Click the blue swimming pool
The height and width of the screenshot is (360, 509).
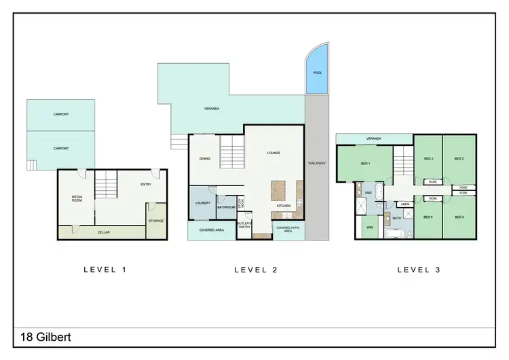tap(316, 75)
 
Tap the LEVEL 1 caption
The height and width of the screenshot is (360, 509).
tap(105, 270)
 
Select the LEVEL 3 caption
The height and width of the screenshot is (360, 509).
tap(418, 270)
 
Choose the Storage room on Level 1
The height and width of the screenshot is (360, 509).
tap(156, 221)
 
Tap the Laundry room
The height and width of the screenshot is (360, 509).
tap(202, 203)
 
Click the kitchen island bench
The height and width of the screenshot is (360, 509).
tap(279, 190)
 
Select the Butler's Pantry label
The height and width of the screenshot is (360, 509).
tap(244, 226)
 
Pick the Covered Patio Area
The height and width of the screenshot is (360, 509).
tap(288, 230)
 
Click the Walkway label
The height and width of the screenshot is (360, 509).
tap(316, 163)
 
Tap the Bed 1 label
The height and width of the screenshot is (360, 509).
tap(365, 164)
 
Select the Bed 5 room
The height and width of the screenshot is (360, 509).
tap(428, 217)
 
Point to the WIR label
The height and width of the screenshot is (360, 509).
tap(370, 228)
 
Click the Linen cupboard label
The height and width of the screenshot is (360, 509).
tap(404, 204)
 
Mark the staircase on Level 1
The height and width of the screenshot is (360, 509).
tap(105, 183)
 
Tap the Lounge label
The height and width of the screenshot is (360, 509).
tap(274, 153)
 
